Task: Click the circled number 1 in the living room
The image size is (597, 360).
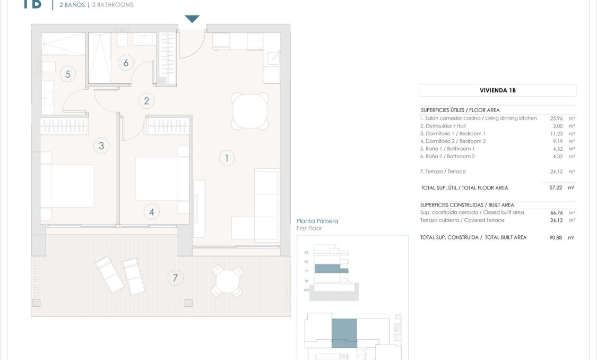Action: pos(227,158)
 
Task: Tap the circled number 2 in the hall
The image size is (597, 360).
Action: pos(146,100)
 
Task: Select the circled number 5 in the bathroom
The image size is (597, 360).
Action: pos(68,74)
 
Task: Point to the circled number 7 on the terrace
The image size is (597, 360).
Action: pos(175,277)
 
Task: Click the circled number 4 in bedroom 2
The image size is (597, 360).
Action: pos(152,212)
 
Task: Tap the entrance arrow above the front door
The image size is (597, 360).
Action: pos(192,19)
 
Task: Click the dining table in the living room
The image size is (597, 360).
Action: pos(249,110)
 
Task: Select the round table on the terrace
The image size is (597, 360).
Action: pos(227,281)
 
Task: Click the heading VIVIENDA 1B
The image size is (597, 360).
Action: pos(497,90)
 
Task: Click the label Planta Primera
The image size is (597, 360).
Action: pos(317,221)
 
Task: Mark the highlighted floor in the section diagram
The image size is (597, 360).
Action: pos(331,269)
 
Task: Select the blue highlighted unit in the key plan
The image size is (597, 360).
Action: pos(344,333)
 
